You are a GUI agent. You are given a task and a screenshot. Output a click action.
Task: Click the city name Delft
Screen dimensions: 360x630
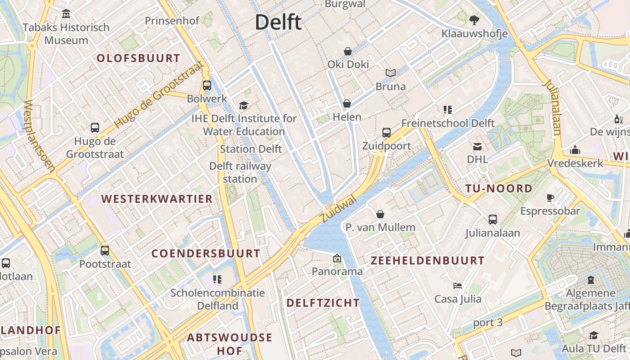[x=278, y=22]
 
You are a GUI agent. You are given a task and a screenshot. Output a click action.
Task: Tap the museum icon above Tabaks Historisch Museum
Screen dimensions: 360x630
[x=66, y=14]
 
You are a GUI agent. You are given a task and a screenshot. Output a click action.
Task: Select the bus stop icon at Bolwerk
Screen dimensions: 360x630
[x=207, y=85]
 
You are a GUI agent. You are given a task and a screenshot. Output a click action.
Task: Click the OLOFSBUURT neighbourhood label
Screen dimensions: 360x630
[x=138, y=58]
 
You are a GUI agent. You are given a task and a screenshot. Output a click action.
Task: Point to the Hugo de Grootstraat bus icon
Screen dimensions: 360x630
[x=94, y=128]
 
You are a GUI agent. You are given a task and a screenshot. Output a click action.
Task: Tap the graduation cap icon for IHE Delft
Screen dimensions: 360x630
[x=243, y=105]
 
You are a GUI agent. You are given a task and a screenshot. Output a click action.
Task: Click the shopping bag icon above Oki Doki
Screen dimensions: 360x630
[x=347, y=51]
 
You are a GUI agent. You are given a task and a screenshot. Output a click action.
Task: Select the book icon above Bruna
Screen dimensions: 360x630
[x=390, y=73]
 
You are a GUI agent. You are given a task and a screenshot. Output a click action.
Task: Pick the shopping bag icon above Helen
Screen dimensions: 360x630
[x=346, y=104]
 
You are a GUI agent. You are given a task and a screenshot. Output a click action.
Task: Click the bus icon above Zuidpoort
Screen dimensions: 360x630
[x=386, y=133]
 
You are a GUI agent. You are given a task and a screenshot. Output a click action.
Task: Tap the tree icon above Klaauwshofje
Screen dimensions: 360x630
[x=474, y=20]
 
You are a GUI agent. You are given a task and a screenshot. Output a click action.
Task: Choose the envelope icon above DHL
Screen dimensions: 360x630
[x=477, y=146]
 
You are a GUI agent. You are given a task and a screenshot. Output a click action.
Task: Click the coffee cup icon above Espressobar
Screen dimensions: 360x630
[x=550, y=198]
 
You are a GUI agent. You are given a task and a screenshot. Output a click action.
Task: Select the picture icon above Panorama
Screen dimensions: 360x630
[x=337, y=258]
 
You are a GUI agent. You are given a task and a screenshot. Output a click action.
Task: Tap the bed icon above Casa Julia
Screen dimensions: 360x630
[x=457, y=286]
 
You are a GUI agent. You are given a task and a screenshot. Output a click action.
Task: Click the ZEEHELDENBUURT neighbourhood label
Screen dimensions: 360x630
[x=427, y=261]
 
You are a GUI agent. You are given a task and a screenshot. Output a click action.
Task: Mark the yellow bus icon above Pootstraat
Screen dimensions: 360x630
[x=105, y=251]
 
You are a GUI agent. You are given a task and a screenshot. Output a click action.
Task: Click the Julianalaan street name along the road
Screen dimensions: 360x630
[x=552, y=108]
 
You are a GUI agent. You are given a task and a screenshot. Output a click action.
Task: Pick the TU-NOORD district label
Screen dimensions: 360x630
[x=499, y=189]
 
